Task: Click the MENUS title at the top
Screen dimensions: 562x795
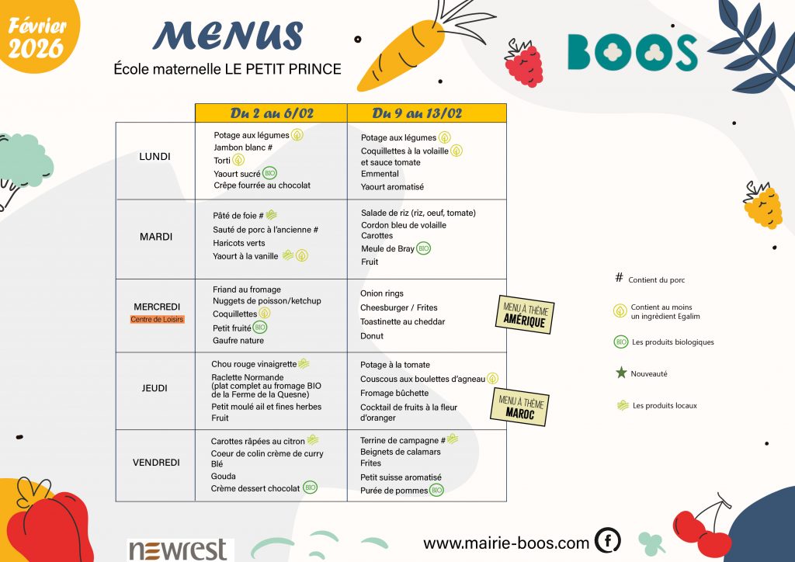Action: [227, 36]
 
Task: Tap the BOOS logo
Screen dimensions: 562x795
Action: [632, 52]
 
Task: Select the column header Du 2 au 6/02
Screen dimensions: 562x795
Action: [272, 113]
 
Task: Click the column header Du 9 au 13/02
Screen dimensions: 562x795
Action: [417, 113]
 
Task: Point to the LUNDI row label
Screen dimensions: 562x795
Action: [154, 156]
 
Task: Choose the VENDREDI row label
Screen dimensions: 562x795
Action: [156, 463]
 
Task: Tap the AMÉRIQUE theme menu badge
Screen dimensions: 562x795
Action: [525, 314]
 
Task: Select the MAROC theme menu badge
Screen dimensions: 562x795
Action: [519, 407]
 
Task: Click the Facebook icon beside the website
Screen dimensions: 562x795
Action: [607, 540]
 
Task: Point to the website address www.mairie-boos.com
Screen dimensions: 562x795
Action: [506, 543]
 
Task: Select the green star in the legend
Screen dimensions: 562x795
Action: [620, 373]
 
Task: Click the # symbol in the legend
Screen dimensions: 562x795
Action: [619, 279]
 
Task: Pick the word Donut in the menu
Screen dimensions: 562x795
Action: [372, 336]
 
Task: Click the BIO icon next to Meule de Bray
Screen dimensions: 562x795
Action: [423, 248]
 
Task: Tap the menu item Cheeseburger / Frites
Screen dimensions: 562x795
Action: [399, 307]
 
